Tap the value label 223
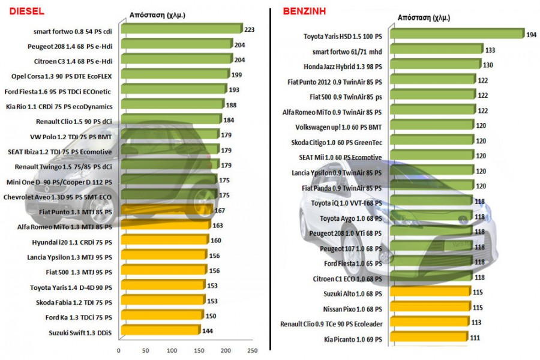249,28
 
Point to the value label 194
532,35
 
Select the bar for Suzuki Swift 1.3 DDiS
160,331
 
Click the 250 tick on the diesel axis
253,350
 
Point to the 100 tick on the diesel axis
172,350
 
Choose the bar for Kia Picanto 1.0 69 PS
429,338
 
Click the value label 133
490,50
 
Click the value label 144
207,331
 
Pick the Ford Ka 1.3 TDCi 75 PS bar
161,316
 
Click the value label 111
475,338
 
